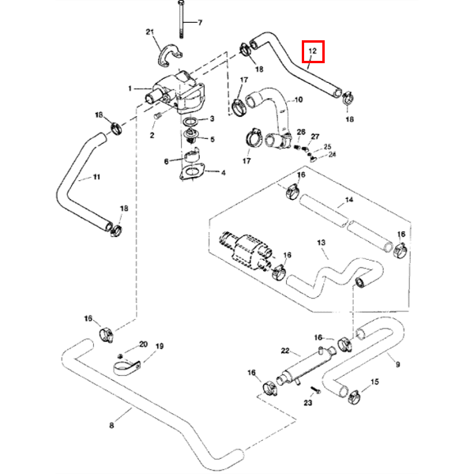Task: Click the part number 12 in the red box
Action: (314, 52)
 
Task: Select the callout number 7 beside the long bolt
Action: (199, 22)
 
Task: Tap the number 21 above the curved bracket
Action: (149, 32)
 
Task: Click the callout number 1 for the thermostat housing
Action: (130, 88)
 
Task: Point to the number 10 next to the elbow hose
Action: (298, 100)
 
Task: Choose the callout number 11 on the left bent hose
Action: (96, 177)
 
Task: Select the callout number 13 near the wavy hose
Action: (322, 242)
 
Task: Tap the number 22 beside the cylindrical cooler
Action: (286, 351)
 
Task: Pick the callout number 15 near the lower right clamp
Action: (374, 382)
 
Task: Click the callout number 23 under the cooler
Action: (308, 404)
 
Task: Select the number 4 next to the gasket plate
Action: (224, 172)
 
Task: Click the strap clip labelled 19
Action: (125, 367)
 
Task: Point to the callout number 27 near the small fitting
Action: (314, 137)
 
